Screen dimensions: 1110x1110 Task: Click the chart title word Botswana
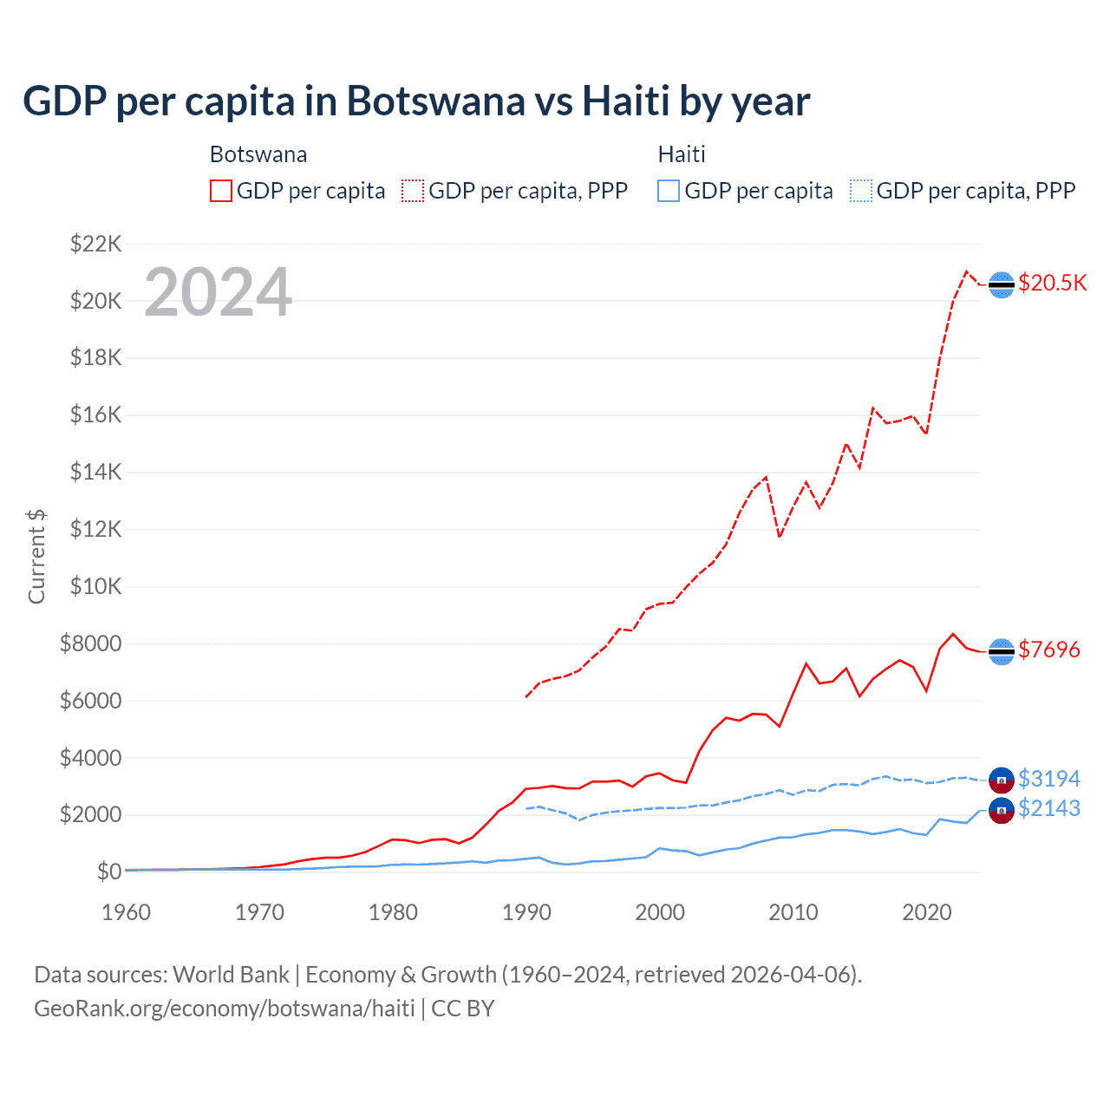435,101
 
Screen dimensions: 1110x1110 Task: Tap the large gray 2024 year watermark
218,292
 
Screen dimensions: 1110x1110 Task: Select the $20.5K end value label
1052,284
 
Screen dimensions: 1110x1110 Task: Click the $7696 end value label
1049,650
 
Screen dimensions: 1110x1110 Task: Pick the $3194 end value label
1049,779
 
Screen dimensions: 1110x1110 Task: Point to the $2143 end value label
1049,808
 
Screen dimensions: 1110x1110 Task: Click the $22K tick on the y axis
95,244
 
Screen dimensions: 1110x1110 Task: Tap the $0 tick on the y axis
108,872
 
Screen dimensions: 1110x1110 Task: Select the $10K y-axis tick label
95,586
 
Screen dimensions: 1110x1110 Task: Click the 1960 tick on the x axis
126,912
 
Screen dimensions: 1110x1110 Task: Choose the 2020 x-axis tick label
927,912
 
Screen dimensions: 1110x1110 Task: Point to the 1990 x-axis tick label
526,912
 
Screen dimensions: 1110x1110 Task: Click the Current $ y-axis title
36,556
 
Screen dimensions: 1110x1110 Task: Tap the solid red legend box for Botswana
221,191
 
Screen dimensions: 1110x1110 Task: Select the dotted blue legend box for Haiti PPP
861,191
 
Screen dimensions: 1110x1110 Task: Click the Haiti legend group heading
682,154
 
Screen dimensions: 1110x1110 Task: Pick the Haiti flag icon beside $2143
1002,811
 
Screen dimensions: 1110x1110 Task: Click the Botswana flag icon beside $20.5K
1002,284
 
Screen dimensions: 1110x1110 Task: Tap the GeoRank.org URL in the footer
224,1009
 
